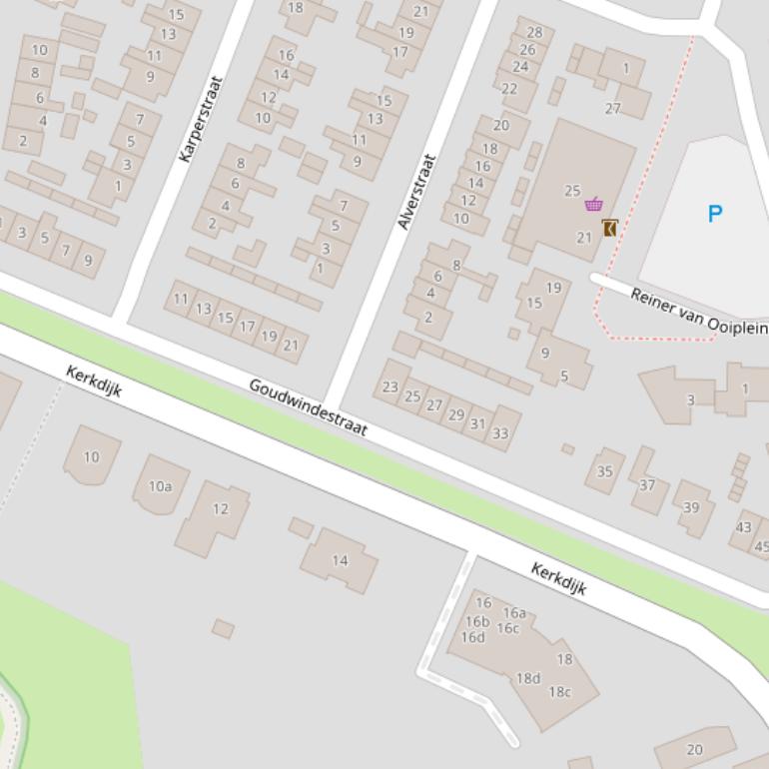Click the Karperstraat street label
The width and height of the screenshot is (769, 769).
point(200,119)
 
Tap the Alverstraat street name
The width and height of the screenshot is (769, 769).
point(417,192)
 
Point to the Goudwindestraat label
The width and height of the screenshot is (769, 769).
point(308,407)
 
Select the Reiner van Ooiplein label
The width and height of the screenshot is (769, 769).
point(698,311)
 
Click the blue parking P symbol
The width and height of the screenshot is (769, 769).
point(714,213)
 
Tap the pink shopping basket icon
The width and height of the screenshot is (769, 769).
point(593,204)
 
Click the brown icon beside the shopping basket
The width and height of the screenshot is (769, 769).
point(609,228)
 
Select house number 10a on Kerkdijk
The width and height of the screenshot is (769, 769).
point(160,486)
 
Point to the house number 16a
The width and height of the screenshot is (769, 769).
point(514,613)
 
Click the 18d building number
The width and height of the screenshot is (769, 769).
point(527,678)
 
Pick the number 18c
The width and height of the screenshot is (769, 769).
point(559,691)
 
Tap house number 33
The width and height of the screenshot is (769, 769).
point(500,432)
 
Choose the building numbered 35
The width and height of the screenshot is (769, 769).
point(604,471)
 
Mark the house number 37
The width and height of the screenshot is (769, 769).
point(647,485)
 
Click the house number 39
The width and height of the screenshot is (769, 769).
point(691,507)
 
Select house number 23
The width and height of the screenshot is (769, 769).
point(390,386)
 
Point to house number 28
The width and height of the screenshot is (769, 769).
point(534,33)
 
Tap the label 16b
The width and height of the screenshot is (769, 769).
point(477,621)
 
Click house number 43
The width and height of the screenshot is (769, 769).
point(743,527)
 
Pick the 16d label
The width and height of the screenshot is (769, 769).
point(472,637)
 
